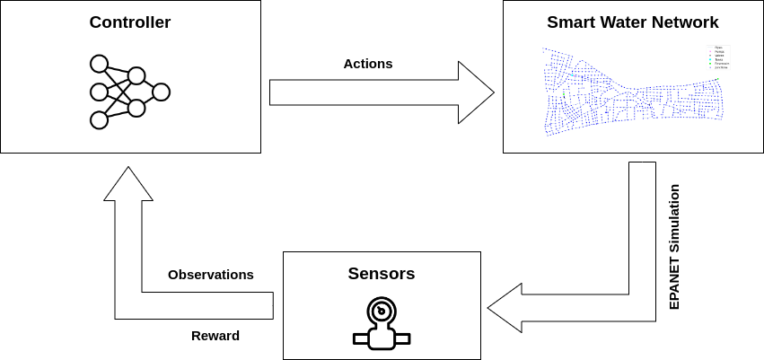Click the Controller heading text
pyautogui.click(x=130, y=22)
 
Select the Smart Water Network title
pyautogui.click(x=632, y=22)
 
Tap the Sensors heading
pyautogui.click(x=382, y=274)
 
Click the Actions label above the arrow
pyautogui.click(x=368, y=64)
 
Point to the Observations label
pyautogui.click(x=211, y=275)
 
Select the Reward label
pyautogui.click(x=215, y=336)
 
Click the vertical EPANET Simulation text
pyautogui.click(x=674, y=247)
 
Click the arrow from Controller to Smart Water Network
pyautogui.click(x=377, y=92)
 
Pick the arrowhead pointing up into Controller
pyautogui.click(x=128, y=183)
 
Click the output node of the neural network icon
pyautogui.click(x=161, y=92)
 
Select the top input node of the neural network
pyautogui.click(x=99, y=64)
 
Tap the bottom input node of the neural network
pyautogui.click(x=99, y=119)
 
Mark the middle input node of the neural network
pyautogui.click(x=99, y=92)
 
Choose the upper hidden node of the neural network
pyautogui.click(x=136, y=75)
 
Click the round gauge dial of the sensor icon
pyautogui.click(x=382, y=312)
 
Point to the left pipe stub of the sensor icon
pyautogui.click(x=361, y=338)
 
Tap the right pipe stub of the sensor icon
pyautogui.click(x=403, y=338)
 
